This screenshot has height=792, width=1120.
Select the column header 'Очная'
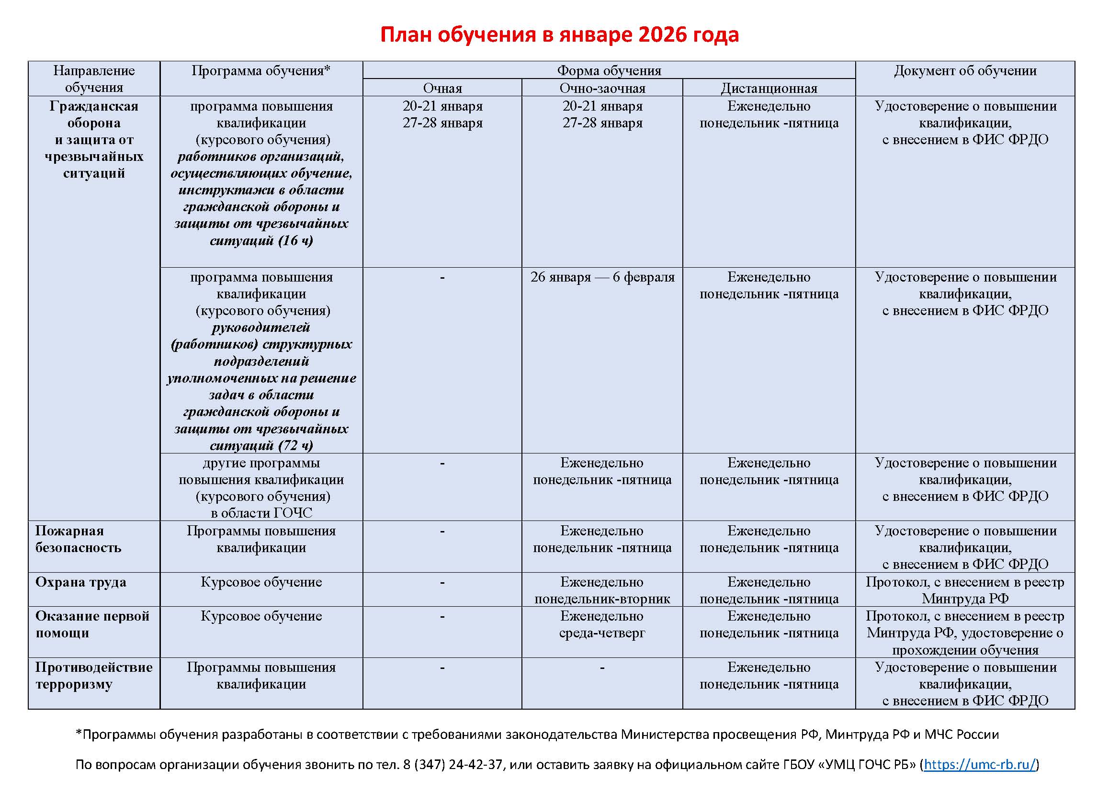[x=442, y=88]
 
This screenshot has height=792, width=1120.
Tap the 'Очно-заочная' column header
[x=602, y=88]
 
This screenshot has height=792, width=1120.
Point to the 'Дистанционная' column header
[x=769, y=88]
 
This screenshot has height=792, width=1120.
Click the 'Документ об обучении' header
[x=965, y=71]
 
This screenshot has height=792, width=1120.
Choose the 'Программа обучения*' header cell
[x=261, y=71]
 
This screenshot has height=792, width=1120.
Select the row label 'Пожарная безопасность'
[x=78, y=539]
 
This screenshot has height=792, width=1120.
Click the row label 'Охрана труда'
[x=80, y=582]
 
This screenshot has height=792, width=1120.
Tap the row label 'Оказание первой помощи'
[x=92, y=624]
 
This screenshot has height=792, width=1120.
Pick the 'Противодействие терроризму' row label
[x=94, y=676]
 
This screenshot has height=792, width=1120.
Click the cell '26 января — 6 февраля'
[x=602, y=277]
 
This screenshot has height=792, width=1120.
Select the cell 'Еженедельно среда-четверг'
[x=602, y=625]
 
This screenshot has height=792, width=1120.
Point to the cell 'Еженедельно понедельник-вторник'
[x=602, y=590]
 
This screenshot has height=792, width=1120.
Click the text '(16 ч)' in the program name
[x=295, y=240]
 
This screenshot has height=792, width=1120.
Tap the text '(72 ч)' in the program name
[x=295, y=445]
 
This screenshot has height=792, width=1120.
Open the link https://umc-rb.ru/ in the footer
[x=980, y=764]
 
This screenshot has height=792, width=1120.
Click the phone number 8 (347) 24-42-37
[x=452, y=764]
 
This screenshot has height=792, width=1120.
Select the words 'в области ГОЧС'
[x=261, y=513]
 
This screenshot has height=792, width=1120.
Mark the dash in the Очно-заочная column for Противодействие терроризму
[x=602, y=668]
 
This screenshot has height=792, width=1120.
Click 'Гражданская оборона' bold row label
[x=94, y=114]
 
